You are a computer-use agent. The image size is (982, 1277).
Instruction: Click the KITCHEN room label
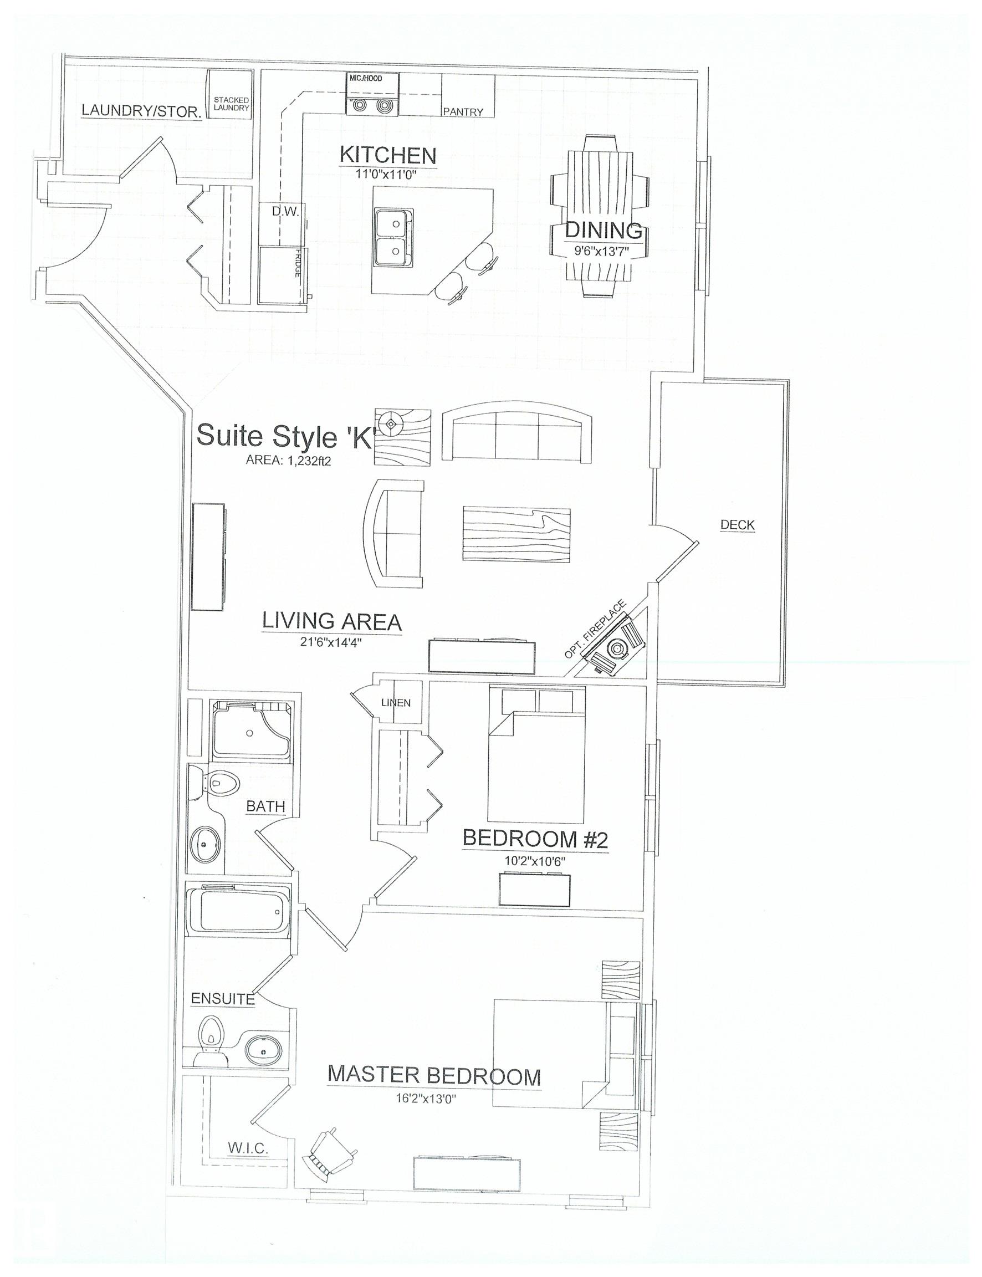pos(388,155)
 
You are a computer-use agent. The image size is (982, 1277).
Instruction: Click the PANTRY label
pos(463,111)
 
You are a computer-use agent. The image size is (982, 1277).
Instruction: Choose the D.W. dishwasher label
pos(285,211)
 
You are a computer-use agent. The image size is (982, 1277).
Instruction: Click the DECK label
pos(737,525)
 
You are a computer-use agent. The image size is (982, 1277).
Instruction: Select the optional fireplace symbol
pos(616,647)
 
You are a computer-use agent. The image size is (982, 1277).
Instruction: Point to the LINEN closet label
pos(396,702)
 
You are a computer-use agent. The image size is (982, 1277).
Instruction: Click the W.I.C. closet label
pos(248,1148)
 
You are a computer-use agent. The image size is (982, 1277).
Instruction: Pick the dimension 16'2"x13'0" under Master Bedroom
pos(426,1099)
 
